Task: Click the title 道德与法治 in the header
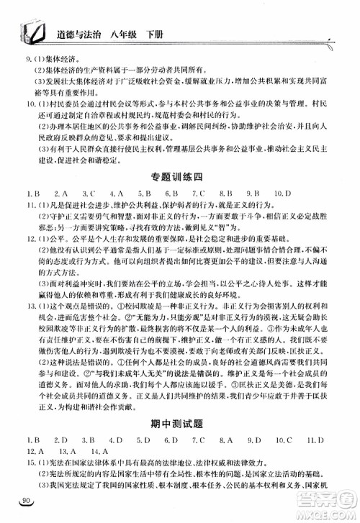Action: pyautogui.click(x=78, y=31)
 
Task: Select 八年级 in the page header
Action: pyautogui.click(x=132, y=31)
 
